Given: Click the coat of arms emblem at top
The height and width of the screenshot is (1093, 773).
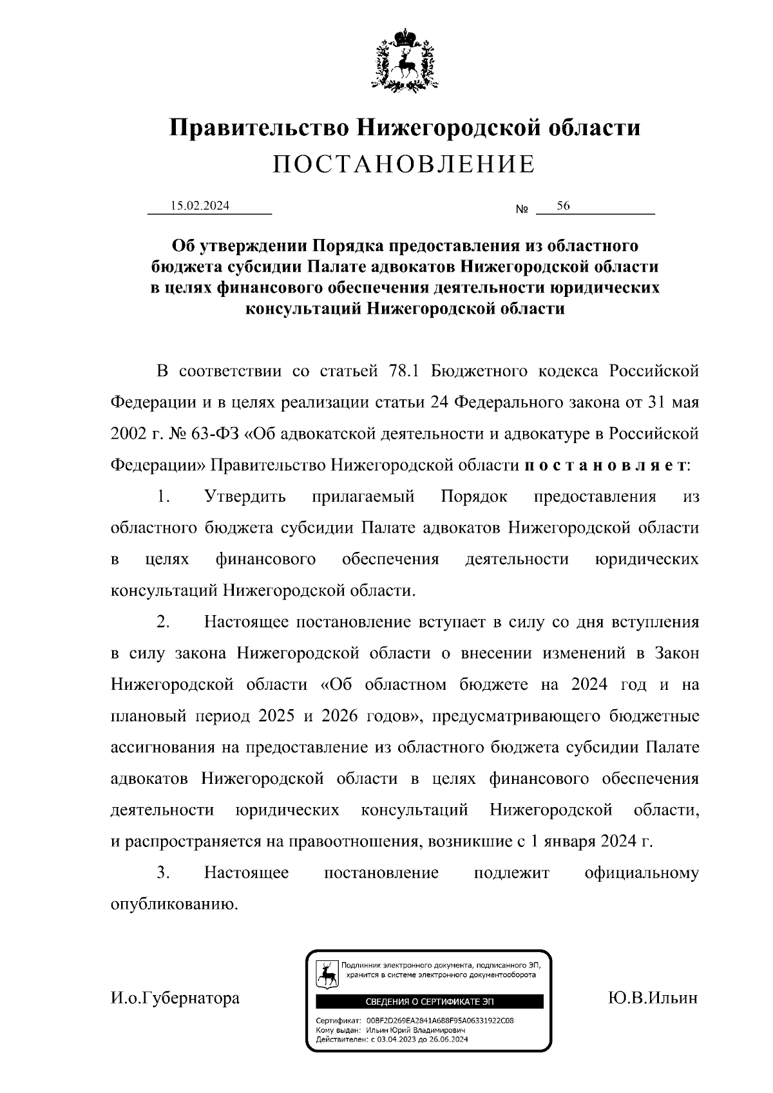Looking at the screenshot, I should point(404,59).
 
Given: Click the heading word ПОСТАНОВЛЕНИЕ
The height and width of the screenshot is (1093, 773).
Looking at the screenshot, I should point(404,165).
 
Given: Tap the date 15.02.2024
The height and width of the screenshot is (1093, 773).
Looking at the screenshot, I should point(200,206).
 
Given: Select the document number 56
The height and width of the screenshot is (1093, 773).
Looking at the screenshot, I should point(563,206).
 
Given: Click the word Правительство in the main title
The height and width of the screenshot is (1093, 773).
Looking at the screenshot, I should point(259,128).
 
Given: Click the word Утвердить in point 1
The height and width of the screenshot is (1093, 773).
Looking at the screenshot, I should point(245,497).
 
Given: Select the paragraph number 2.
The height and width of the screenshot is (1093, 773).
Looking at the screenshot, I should point(163,622).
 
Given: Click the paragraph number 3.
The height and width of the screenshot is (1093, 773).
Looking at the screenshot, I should point(163,873).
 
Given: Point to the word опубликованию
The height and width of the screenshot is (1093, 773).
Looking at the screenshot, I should point(175,904).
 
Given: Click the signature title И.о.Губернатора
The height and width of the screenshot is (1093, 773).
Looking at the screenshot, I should point(175,998).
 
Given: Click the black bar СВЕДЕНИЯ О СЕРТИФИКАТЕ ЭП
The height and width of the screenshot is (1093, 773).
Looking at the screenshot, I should point(429,1002).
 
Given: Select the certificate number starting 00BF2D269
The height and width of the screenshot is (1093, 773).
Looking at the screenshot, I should point(440,1021).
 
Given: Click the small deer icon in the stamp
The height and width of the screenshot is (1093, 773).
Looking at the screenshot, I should point(328,976).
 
